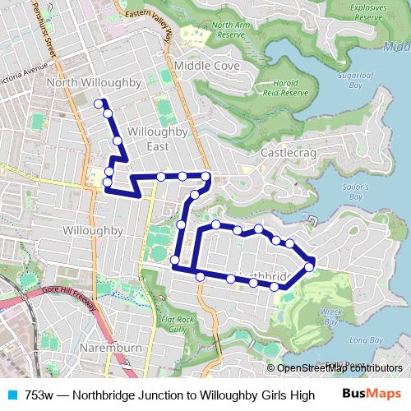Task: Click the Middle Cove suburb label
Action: coord(206,65)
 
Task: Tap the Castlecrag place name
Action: coord(289,154)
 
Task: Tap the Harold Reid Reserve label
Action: coord(285,87)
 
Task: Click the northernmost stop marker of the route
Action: coord(99,103)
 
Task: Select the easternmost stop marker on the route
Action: coord(309,266)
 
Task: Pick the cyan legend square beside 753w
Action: coord(13,395)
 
